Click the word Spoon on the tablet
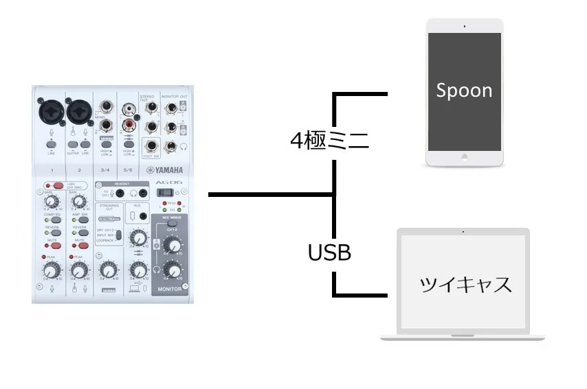[x=464, y=91]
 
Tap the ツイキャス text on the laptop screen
[x=466, y=284]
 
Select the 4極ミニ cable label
[x=330, y=141]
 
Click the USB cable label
[x=329, y=253]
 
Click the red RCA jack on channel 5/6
[x=129, y=124]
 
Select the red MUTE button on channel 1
[x=52, y=245]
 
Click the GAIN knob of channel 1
[x=49, y=202]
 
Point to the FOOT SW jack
[x=151, y=145]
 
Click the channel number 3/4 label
[x=105, y=169]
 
